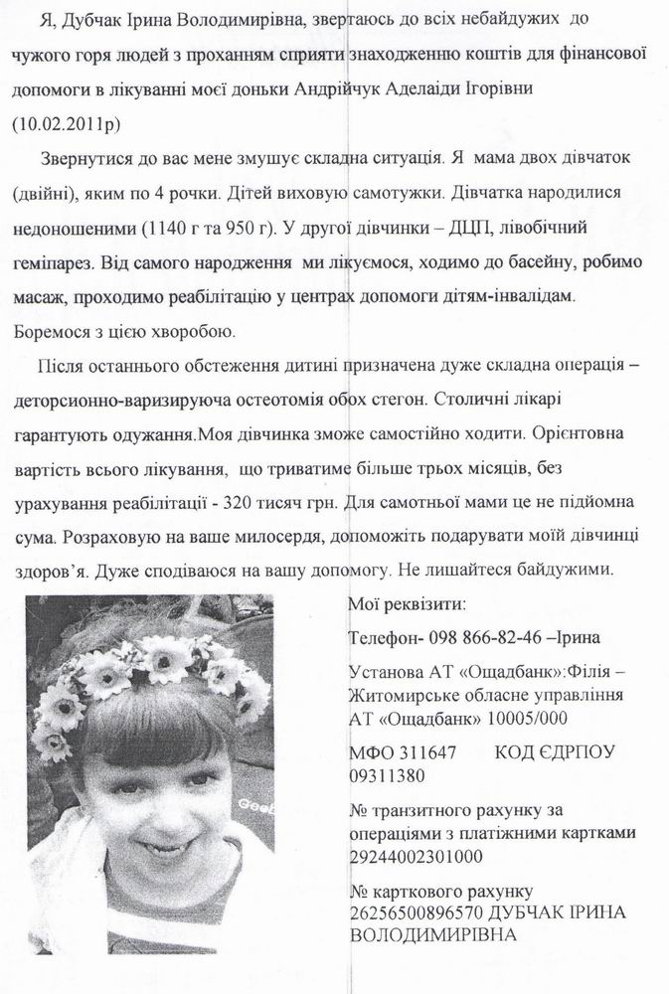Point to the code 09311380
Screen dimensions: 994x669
click(x=386, y=775)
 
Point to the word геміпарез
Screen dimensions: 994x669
click(x=51, y=263)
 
